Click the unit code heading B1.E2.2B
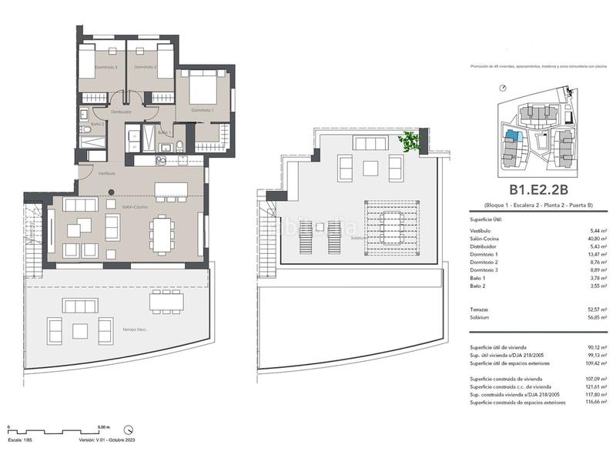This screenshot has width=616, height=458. click(x=537, y=189)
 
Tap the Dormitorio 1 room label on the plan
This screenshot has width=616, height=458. click(x=202, y=110)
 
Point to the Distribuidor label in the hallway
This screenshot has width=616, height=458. click(x=121, y=112)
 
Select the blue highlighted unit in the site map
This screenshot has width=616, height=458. click(x=510, y=136)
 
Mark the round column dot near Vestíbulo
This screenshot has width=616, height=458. click(x=111, y=192)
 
